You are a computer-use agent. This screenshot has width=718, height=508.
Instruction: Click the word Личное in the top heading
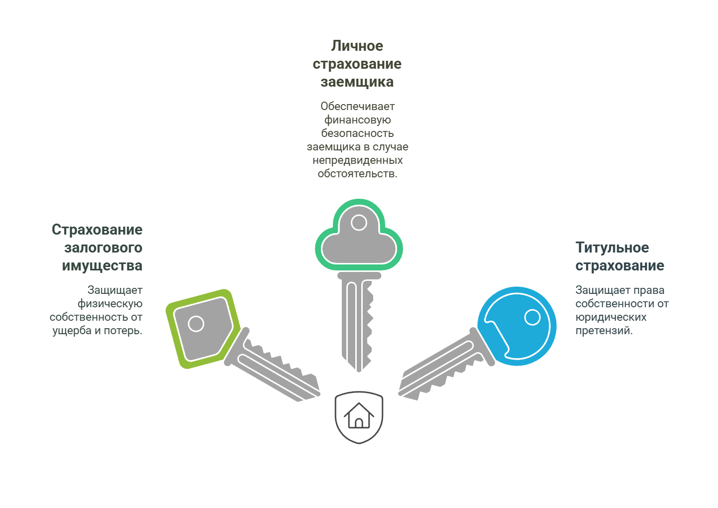pyautogui.click(x=357, y=46)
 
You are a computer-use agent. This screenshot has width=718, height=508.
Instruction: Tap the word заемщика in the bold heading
pyautogui.click(x=357, y=82)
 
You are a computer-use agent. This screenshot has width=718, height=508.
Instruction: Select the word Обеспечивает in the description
pyautogui.click(x=357, y=106)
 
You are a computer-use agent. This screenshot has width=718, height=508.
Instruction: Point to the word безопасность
pyautogui.click(x=357, y=133)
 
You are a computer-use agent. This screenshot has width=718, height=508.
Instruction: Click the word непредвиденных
pyautogui.click(x=357, y=160)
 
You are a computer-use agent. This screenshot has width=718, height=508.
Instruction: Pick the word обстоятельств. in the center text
pyautogui.click(x=357, y=174)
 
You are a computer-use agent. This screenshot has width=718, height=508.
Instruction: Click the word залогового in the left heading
pyautogui.click(x=103, y=248)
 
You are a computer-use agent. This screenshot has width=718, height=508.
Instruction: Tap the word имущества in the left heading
pyautogui.click(x=102, y=266)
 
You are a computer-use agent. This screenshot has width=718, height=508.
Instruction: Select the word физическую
pyautogui.click(x=110, y=304)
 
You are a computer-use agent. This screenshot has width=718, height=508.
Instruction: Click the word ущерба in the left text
pyautogui.click(x=72, y=331)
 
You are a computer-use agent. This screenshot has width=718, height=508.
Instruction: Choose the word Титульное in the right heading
pyautogui.click(x=612, y=248)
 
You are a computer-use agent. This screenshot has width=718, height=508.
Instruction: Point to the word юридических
pyautogui.click(x=611, y=317)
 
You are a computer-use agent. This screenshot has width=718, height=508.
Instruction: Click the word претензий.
pyautogui.click(x=604, y=331)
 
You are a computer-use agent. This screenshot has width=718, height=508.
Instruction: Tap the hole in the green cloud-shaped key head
pyautogui.click(x=359, y=223)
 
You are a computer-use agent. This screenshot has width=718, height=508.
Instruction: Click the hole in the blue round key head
pyautogui.click(x=532, y=317)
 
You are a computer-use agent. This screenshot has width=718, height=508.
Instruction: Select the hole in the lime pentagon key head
pyautogui.click(x=196, y=324)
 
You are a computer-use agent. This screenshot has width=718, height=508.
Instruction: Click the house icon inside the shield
pyautogui.click(x=359, y=415)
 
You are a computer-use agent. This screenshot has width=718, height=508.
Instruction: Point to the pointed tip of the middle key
pyautogui.click(x=359, y=371)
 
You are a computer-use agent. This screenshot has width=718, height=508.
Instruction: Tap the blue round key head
pyautogui.click(x=516, y=326)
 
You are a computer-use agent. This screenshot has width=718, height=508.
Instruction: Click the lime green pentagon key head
pyautogui.click(x=203, y=329)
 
